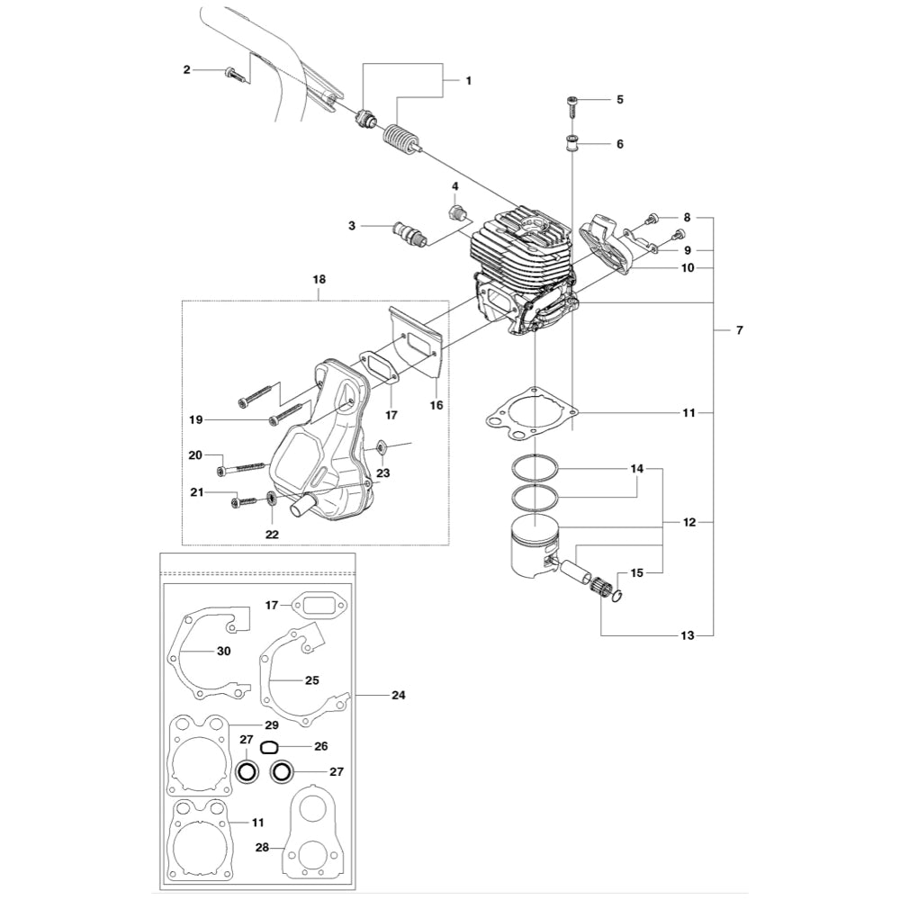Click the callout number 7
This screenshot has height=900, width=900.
pos(739,331)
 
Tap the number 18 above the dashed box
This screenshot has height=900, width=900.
pos(319,280)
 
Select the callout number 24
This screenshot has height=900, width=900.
pos(398,695)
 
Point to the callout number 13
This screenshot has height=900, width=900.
pos(688,636)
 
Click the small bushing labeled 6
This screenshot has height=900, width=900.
pos(571,142)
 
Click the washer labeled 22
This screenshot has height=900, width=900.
pos(271,499)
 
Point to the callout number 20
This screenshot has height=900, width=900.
pos(194,456)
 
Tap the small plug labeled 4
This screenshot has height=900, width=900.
pos(457,214)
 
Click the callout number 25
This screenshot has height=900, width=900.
pos(313,680)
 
